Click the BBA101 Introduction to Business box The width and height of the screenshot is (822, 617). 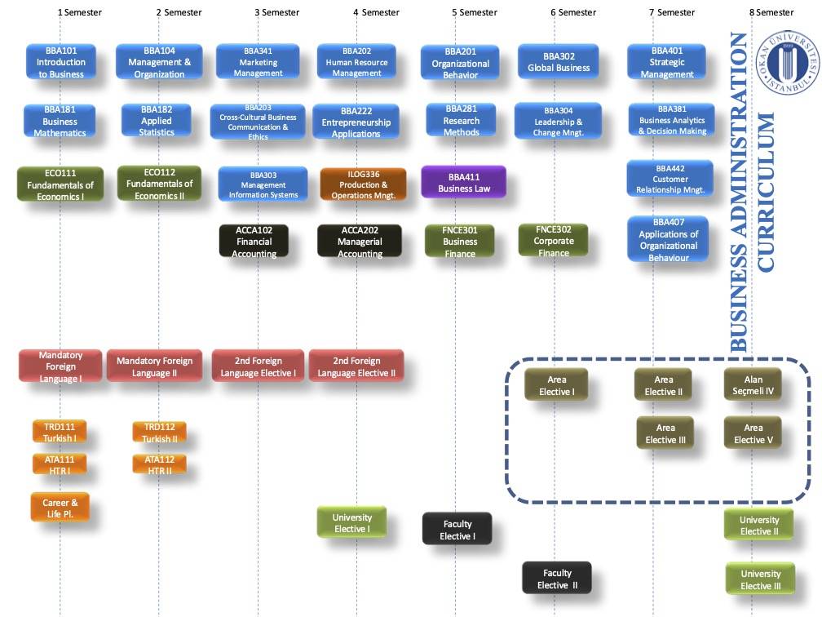(x=61, y=62)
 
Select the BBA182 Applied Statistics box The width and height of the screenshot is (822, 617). (x=157, y=121)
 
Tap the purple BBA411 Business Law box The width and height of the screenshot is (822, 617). (x=464, y=182)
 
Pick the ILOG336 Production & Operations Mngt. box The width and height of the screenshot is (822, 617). (x=364, y=184)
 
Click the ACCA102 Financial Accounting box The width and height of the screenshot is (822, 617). (x=254, y=242)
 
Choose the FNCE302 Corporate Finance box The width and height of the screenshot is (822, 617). (x=553, y=241)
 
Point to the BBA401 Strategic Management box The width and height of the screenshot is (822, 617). (x=667, y=62)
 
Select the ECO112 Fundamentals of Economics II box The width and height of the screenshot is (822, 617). (x=159, y=184)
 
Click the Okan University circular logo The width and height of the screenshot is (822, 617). (x=788, y=62)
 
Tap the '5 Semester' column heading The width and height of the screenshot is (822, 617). (x=475, y=12)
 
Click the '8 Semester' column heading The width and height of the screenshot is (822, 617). (x=771, y=12)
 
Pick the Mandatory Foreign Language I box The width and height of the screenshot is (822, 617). (x=60, y=366)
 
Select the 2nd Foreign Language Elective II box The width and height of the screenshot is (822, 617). (x=356, y=366)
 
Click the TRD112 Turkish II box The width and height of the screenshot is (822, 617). (x=159, y=433)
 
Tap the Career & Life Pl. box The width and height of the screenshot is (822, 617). (x=60, y=508)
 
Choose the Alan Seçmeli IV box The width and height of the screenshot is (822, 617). (x=753, y=385)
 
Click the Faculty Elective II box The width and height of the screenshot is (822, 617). (x=557, y=579)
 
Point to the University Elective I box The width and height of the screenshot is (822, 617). (x=351, y=522)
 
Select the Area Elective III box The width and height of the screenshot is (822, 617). (x=665, y=433)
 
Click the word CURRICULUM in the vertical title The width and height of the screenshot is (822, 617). (x=766, y=193)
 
